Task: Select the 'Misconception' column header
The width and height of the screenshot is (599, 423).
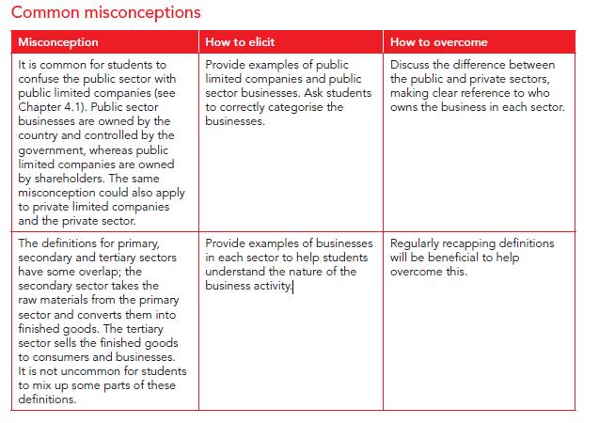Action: click(58, 43)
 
